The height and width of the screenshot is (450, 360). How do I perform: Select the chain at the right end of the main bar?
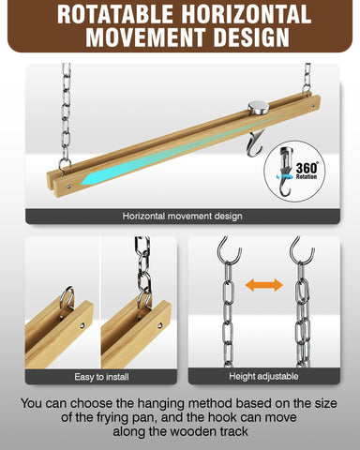pos(307,79)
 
